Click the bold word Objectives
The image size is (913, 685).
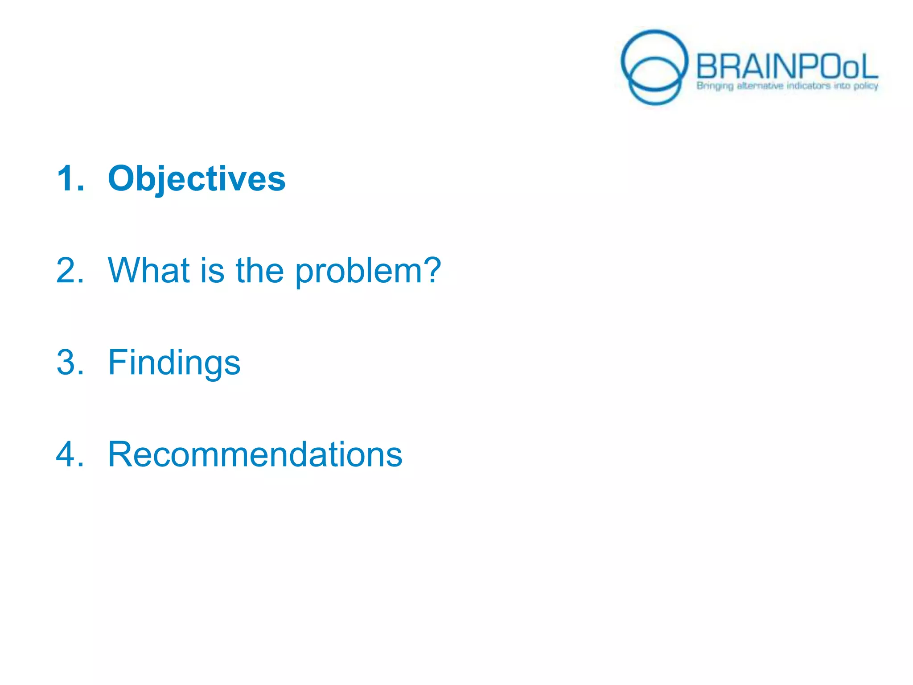(197, 179)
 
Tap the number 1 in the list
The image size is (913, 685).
(66, 179)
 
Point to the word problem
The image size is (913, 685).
(356, 272)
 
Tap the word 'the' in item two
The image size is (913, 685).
(259, 271)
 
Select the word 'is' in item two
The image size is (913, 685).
(211, 271)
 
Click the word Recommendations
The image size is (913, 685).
(255, 454)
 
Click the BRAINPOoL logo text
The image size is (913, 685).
(786, 67)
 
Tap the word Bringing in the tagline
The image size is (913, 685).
(715, 86)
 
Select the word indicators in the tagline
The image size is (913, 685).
(808, 86)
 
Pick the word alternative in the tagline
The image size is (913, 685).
(760, 86)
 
